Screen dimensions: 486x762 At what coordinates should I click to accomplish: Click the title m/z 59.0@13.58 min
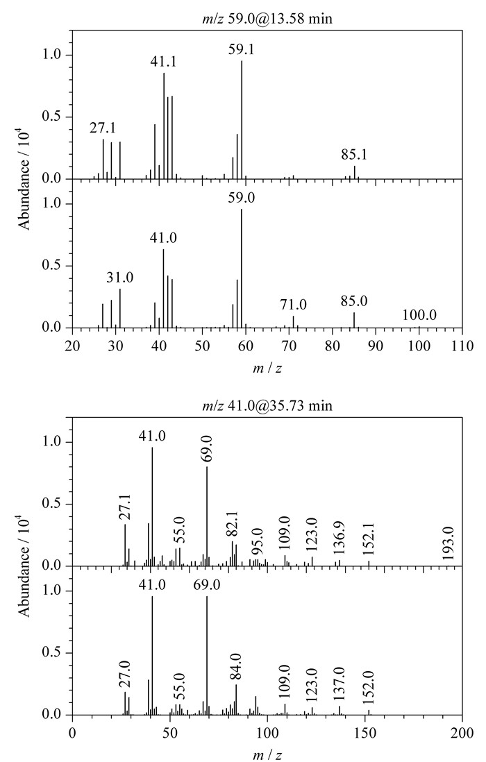pyautogui.click(x=267, y=19)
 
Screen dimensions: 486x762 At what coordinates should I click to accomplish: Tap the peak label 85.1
pyautogui.click(x=354, y=155)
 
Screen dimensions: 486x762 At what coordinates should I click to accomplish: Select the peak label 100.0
pyautogui.click(x=419, y=315)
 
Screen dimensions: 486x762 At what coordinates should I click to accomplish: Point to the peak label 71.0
pyautogui.click(x=293, y=305)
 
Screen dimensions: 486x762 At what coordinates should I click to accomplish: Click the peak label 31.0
pyautogui.click(x=119, y=278)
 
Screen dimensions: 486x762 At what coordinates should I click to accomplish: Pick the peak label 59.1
pyautogui.click(x=242, y=49)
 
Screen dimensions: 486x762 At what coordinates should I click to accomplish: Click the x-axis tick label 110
pyautogui.click(x=462, y=346)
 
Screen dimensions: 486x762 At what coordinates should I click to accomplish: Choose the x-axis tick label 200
pyautogui.click(x=462, y=732)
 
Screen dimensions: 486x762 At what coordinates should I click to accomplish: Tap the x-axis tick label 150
pyautogui.click(x=364, y=732)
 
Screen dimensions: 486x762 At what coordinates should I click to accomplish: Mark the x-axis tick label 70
pyautogui.click(x=289, y=346)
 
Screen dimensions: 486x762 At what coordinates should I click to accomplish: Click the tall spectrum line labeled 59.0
pyautogui.click(x=242, y=269)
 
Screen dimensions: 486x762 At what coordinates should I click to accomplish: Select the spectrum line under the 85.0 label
pyautogui.click(x=354, y=320)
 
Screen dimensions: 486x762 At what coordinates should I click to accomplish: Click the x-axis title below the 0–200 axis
pyautogui.click(x=267, y=754)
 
